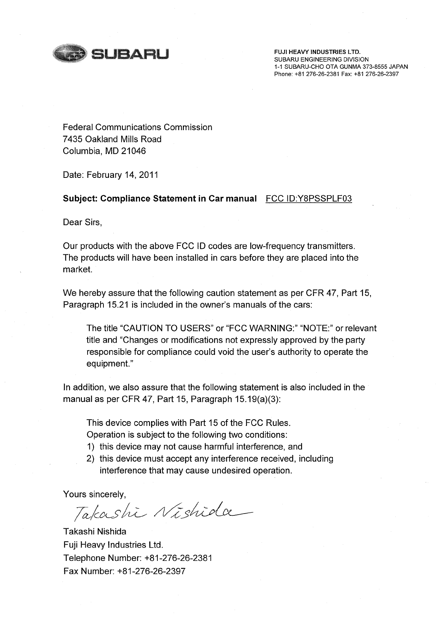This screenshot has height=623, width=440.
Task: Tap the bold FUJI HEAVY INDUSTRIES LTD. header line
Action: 317,52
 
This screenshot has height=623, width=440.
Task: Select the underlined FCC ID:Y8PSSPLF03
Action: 308,199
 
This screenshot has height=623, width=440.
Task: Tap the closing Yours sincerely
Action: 95,494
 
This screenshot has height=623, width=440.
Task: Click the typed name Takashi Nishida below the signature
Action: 95,532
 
